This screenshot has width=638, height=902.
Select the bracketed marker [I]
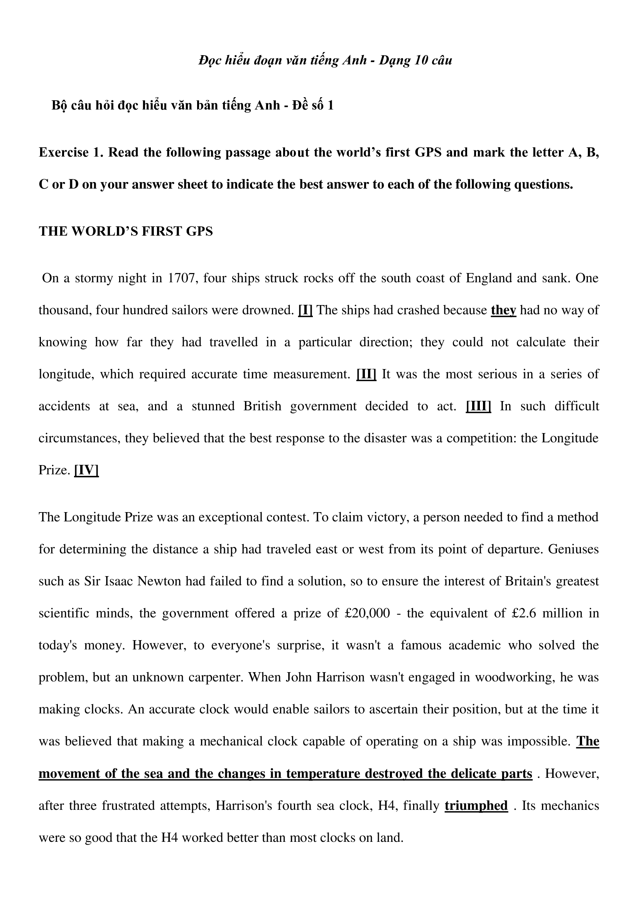tap(305, 310)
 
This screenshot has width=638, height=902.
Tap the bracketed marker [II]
tap(366, 374)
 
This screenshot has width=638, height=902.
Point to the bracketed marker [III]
tap(478, 406)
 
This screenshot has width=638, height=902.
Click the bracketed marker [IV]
tap(86, 470)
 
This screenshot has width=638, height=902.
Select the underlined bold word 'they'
tap(503, 310)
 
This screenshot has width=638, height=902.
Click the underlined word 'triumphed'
tap(476, 806)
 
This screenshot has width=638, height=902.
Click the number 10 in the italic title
tap(422, 60)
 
